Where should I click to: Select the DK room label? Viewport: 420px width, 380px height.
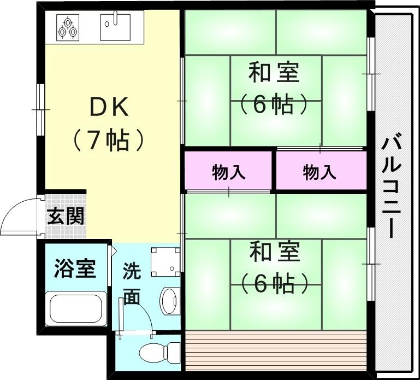[109, 108]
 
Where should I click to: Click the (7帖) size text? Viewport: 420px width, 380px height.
[109, 141]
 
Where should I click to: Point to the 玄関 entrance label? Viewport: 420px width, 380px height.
[65, 217]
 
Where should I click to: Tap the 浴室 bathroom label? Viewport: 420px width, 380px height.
[75, 269]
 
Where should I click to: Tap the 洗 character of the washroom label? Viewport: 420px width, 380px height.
[131, 270]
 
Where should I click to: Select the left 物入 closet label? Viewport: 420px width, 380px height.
[228, 173]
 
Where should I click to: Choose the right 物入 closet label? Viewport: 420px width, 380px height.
[320, 173]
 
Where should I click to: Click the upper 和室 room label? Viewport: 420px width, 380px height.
[274, 73]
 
